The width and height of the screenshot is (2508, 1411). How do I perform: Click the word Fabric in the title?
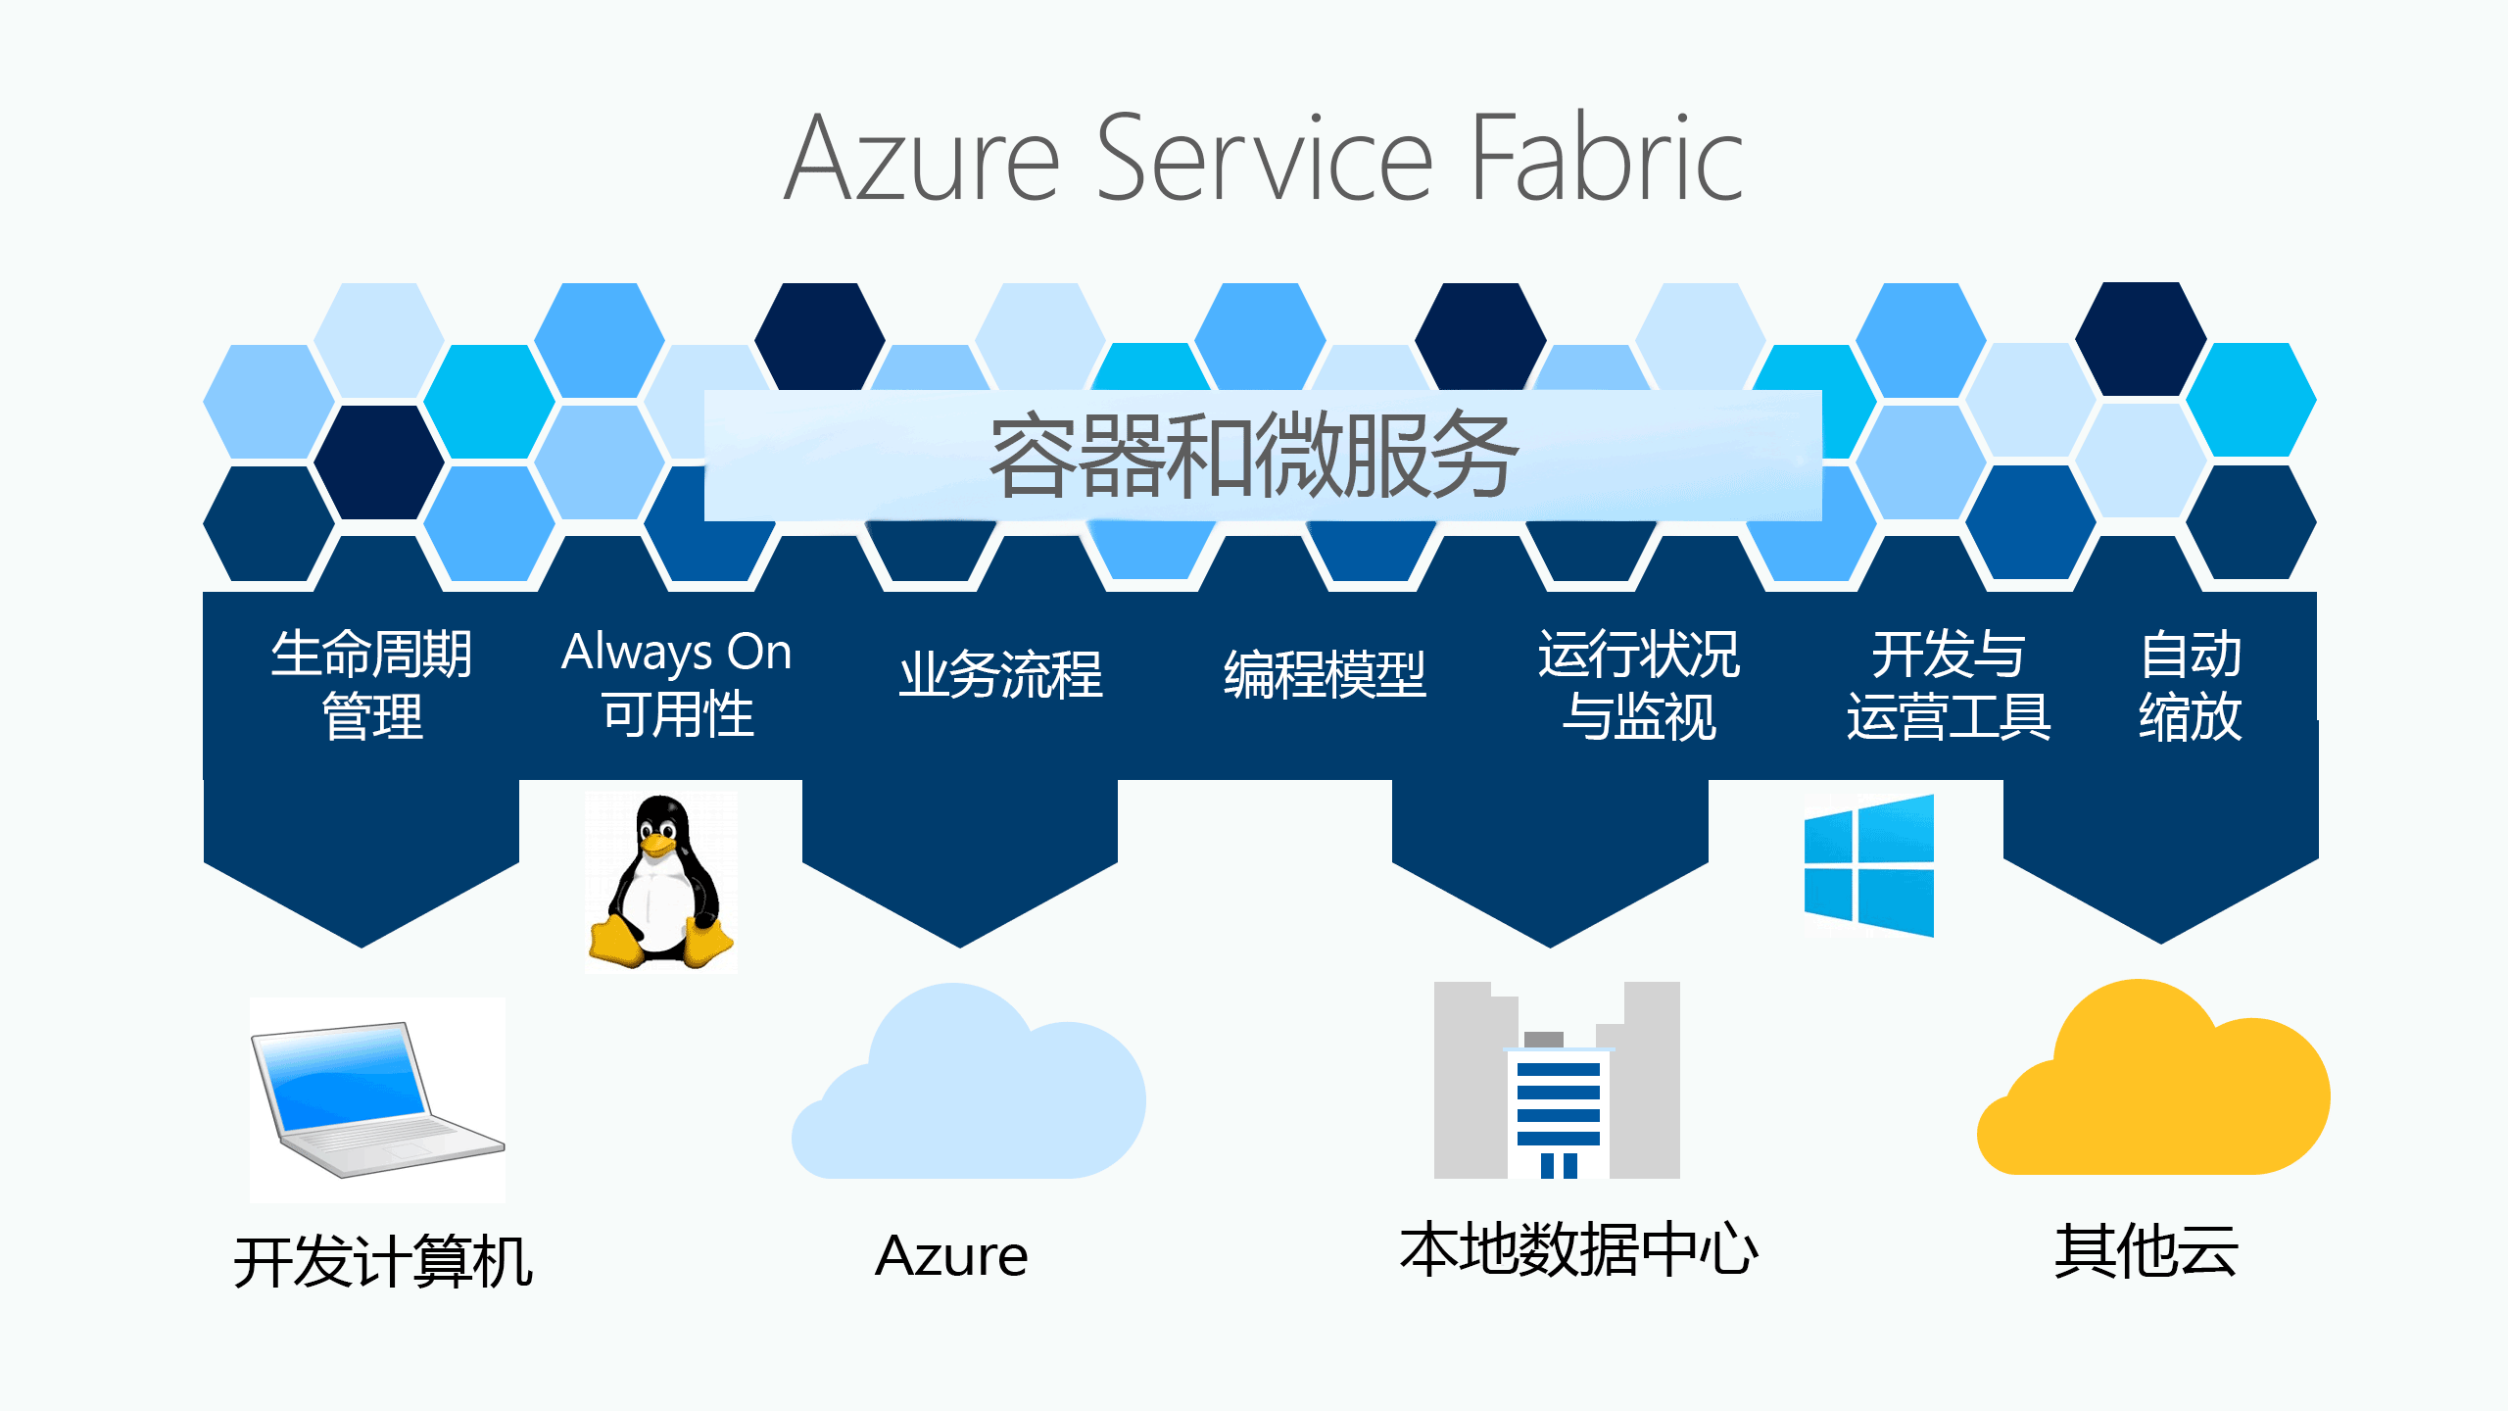(1607, 159)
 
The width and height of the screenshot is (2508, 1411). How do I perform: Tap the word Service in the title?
(1264, 159)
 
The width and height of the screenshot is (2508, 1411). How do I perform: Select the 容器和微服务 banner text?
(1254, 456)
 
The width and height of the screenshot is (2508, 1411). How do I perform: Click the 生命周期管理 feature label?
(371, 684)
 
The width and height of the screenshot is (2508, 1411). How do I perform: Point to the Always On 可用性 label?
(677, 682)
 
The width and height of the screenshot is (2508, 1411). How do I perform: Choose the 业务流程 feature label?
(1001, 674)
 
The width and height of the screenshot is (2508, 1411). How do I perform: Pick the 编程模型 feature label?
(1325, 674)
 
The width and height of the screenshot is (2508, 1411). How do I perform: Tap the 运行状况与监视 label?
(1638, 684)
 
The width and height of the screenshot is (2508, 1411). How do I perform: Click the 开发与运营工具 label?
(1948, 684)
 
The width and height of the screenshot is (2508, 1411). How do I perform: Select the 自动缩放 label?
(2191, 684)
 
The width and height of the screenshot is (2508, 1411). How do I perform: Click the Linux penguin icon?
(661, 882)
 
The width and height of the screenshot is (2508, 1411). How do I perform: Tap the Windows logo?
(1869, 865)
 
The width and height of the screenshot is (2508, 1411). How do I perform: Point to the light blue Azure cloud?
(970, 1088)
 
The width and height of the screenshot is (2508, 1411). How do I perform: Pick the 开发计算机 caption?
(383, 1260)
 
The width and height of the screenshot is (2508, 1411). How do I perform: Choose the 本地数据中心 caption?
(1578, 1250)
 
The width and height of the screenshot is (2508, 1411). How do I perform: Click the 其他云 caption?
(2146, 1251)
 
